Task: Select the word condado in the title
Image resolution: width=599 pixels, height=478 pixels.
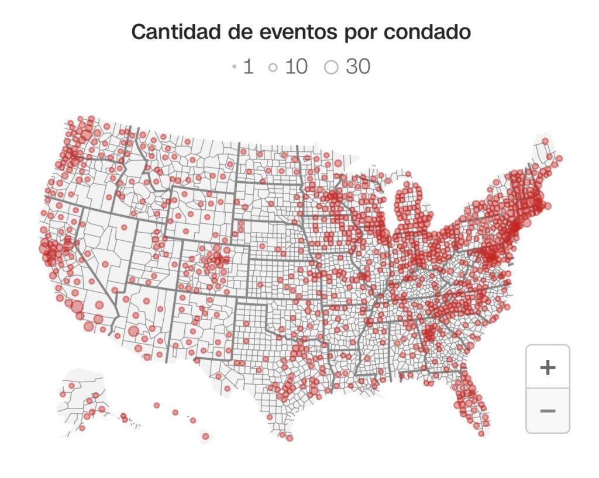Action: (427, 32)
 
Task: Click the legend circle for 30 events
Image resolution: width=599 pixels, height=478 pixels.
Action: (331, 68)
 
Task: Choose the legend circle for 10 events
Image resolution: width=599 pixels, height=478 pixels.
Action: (273, 68)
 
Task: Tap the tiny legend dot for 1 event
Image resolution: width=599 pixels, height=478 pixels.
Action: (234, 68)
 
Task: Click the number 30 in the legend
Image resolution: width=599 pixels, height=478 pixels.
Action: (357, 67)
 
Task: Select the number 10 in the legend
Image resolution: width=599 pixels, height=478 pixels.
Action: (296, 67)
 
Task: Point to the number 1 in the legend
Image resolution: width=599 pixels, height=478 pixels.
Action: (248, 67)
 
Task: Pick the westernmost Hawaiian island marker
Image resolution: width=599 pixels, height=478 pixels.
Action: (157, 405)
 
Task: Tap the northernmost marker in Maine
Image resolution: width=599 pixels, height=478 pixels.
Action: (545, 141)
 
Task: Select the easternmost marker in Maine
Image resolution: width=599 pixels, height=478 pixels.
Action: (559, 158)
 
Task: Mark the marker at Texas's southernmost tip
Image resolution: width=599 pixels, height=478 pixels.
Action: (290, 438)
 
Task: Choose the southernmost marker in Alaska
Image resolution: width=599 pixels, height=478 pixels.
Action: (81, 428)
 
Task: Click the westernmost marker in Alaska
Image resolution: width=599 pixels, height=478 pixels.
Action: (62, 394)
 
